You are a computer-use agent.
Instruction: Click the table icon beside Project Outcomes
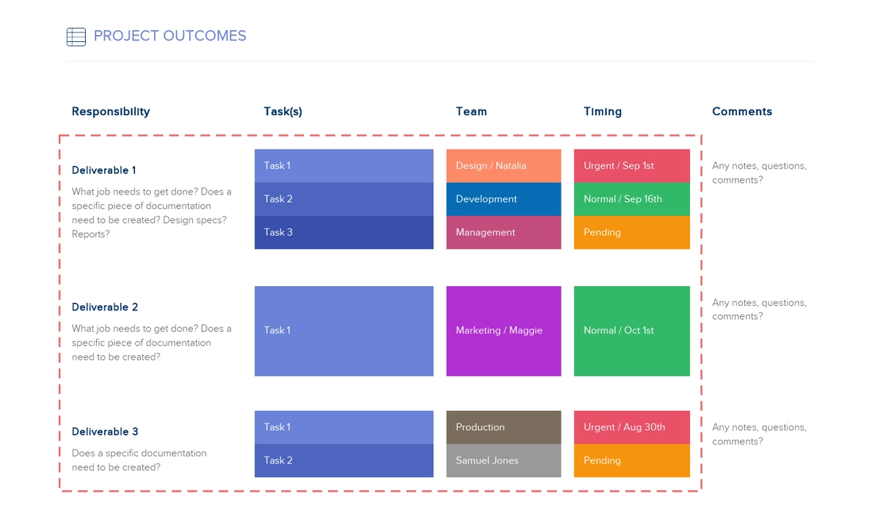coord(76,37)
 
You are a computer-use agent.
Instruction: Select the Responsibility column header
coord(111,112)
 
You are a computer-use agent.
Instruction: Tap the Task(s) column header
coord(283,112)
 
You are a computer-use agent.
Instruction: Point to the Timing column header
coord(603,112)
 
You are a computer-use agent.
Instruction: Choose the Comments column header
coord(742,112)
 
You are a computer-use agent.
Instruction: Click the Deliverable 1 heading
coord(103,170)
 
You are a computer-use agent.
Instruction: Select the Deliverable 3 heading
coord(105,431)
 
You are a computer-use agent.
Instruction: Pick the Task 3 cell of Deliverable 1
coord(343,233)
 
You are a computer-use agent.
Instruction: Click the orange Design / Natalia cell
coord(503,166)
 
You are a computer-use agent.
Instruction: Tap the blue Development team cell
coord(503,199)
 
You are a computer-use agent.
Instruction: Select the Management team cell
coord(503,233)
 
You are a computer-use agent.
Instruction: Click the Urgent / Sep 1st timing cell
coord(631,166)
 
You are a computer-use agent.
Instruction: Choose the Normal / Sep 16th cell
coord(631,199)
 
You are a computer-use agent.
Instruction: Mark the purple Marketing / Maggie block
coord(503,331)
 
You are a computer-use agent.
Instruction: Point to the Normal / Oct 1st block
coord(631,331)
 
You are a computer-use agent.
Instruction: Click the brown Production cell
coord(503,427)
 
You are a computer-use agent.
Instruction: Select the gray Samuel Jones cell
coord(503,461)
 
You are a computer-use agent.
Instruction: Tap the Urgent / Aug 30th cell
coord(631,427)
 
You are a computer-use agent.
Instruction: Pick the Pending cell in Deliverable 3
coord(631,461)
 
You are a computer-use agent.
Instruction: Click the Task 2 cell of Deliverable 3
coord(343,461)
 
